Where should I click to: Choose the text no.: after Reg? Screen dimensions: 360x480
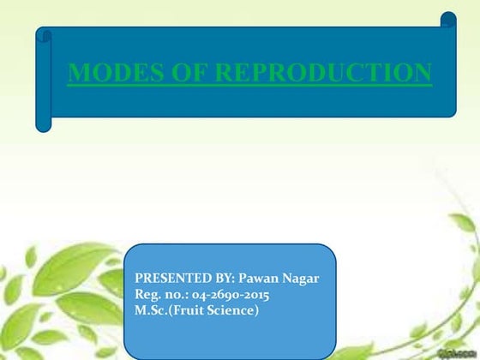pos(179,295)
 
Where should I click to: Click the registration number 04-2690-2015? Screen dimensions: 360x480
pos(232,295)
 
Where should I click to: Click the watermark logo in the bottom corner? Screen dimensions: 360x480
pos(458,352)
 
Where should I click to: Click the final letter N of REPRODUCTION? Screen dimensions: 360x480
pos(423,74)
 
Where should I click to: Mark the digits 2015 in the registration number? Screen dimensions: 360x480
pos(255,295)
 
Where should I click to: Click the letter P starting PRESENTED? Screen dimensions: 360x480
pos(140,279)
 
